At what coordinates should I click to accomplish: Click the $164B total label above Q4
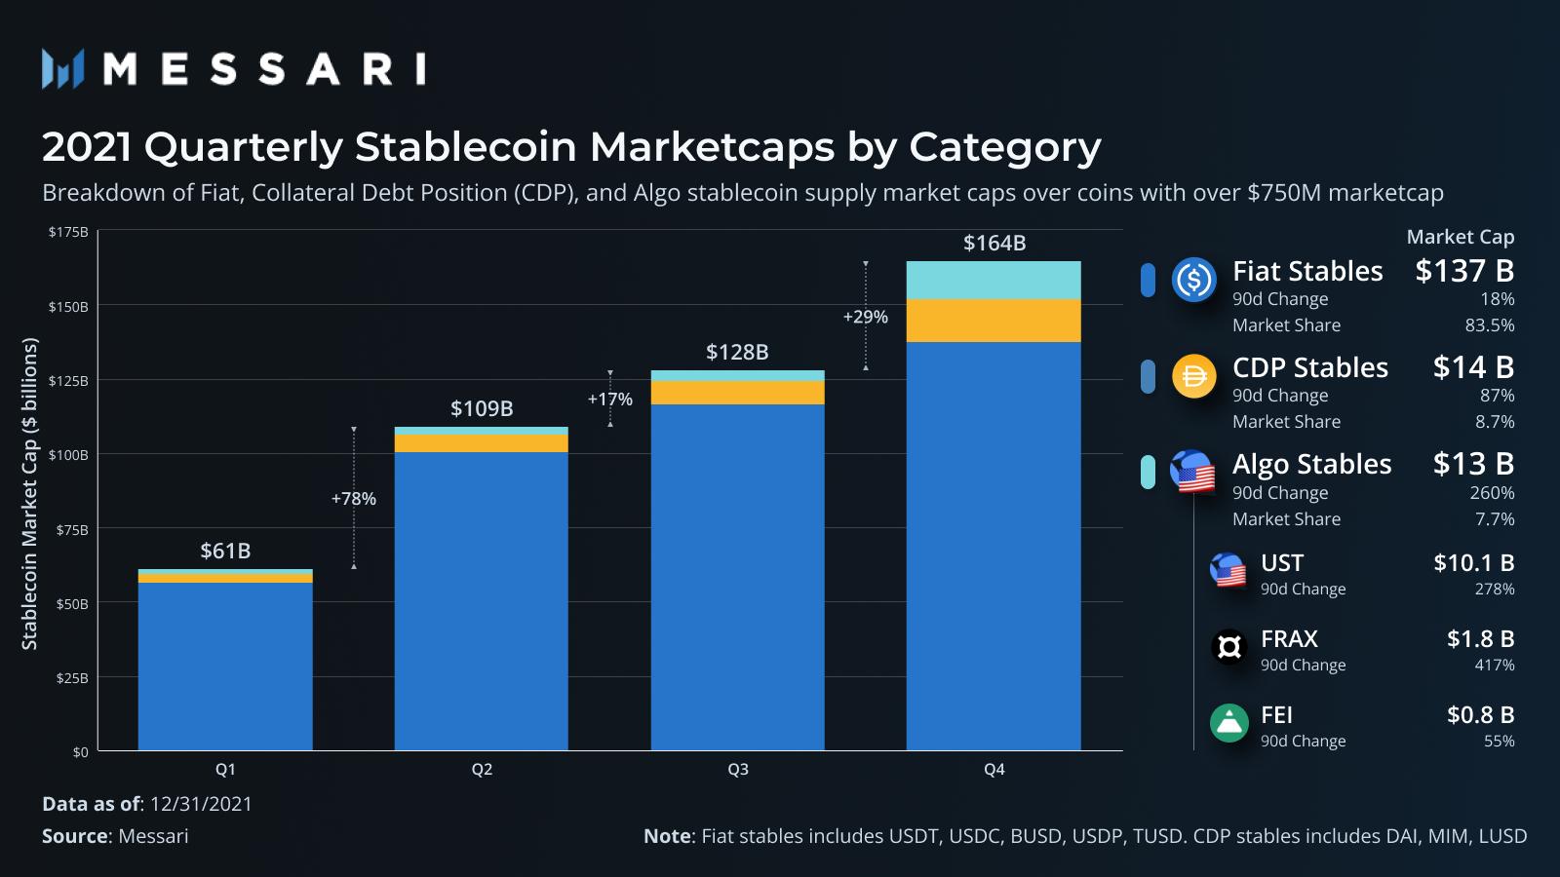pyautogui.click(x=994, y=243)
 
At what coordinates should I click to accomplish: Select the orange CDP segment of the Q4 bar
pyautogui.click(x=994, y=321)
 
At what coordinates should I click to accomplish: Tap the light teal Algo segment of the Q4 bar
pyautogui.click(x=994, y=280)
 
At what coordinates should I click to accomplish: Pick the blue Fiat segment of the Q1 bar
pyautogui.click(x=225, y=667)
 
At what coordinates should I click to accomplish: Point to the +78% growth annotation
pyautogui.click(x=353, y=499)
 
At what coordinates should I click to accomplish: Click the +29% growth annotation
pyautogui.click(x=866, y=317)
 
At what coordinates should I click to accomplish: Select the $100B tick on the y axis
pyautogui.click(x=68, y=455)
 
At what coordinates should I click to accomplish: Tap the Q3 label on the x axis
pyautogui.click(x=738, y=770)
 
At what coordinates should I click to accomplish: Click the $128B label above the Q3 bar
pyautogui.click(x=737, y=352)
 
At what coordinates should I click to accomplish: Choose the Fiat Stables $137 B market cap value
pyautogui.click(x=1464, y=271)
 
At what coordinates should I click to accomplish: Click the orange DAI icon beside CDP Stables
pyautogui.click(x=1194, y=377)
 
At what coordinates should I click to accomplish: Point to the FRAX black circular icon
pyautogui.click(x=1229, y=646)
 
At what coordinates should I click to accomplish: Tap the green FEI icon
pyautogui.click(x=1229, y=723)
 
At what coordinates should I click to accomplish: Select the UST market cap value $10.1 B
pyautogui.click(x=1473, y=563)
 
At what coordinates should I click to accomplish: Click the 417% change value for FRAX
pyautogui.click(x=1495, y=666)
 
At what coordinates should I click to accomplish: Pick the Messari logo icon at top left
pyautogui.click(x=63, y=69)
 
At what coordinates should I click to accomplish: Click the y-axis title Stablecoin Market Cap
pyautogui.click(x=30, y=493)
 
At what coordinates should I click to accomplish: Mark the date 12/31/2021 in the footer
pyautogui.click(x=201, y=804)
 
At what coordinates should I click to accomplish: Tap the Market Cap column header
pyautogui.click(x=1460, y=237)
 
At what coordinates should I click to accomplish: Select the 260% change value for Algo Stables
pyautogui.click(x=1492, y=493)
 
